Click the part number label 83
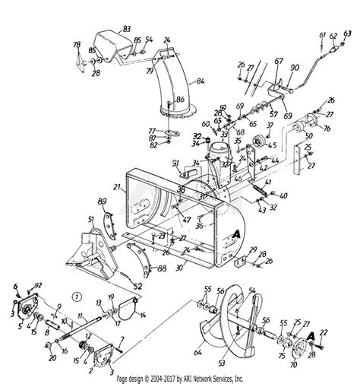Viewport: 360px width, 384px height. (x=126, y=27)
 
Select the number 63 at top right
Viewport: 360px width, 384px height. (x=348, y=33)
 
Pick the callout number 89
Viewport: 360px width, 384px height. (x=102, y=201)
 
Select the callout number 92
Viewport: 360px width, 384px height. (x=39, y=285)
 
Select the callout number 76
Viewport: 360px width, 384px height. (x=326, y=129)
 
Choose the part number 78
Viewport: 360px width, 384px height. (x=76, y=46)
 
